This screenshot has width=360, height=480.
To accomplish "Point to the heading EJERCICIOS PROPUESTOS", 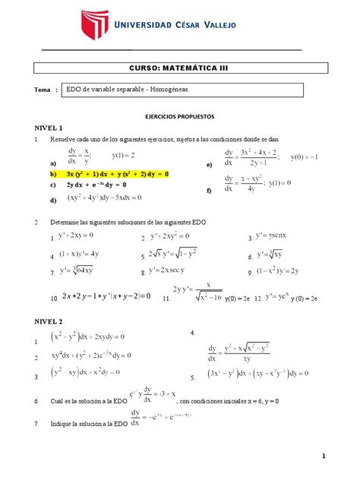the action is coord(179,118).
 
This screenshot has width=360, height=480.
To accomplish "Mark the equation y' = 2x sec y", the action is coord(175,271).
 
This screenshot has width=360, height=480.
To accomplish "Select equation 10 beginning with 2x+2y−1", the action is coord(99,296).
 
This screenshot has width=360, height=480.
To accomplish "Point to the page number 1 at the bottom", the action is coord(322,456).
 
